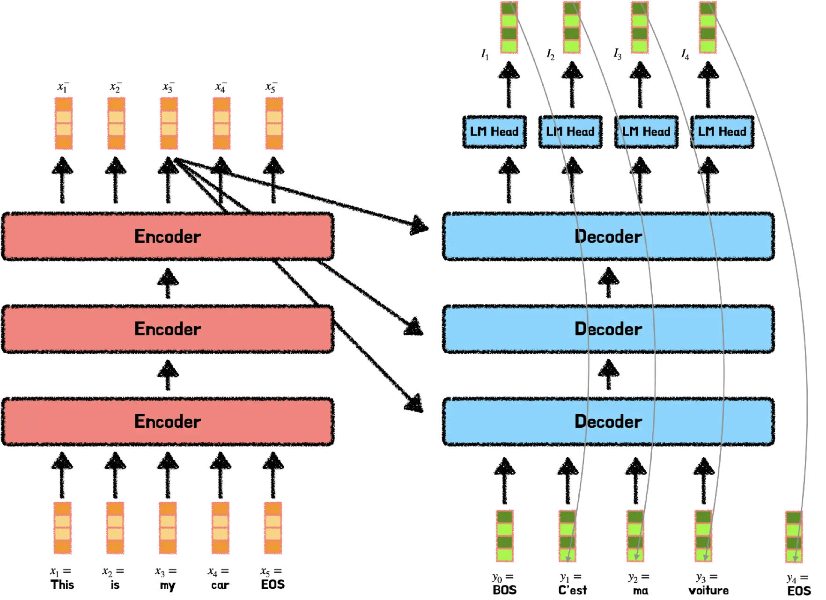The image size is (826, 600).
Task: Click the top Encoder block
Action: tap(168, 236)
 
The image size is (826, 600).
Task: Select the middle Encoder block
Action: tap(168, 329)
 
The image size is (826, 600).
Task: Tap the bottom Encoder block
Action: tap(168, 421)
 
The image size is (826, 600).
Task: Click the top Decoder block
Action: tap(515, 236)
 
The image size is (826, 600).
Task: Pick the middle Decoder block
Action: tap(515, 329)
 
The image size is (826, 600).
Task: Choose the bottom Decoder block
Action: tap(515, 421)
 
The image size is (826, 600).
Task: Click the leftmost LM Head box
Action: tap(494, 132)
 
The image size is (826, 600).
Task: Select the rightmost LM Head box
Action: tap(722, 132)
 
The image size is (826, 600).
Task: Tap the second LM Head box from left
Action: tap(570, 132)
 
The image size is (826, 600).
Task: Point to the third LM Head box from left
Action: tap(646, 132)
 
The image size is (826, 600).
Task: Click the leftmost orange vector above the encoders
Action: tap(64, 124)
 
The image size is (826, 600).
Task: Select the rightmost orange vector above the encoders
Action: tap(274, 124)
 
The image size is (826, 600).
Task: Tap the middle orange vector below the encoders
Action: tap(169, 527)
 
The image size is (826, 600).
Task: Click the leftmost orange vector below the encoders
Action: tap(63, 527)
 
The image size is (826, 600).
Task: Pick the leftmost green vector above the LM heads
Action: tap(509, 27)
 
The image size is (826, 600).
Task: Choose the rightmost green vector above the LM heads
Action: tap(708, 27)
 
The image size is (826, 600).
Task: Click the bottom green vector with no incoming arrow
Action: tap(505, 536)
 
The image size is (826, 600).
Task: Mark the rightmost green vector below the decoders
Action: tap(793, 537)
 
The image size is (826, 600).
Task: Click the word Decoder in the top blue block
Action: tap(608, 236)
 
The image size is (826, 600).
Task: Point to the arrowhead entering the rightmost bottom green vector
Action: tap(795, 558)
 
